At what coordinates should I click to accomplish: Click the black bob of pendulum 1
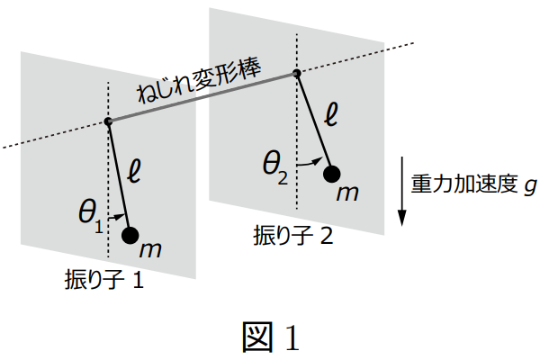point(130,236)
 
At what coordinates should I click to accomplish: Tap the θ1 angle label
point(91,212)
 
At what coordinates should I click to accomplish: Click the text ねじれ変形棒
point(197,83)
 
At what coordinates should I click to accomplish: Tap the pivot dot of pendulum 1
point(108,122)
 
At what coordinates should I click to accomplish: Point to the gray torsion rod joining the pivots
point(202,98)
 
